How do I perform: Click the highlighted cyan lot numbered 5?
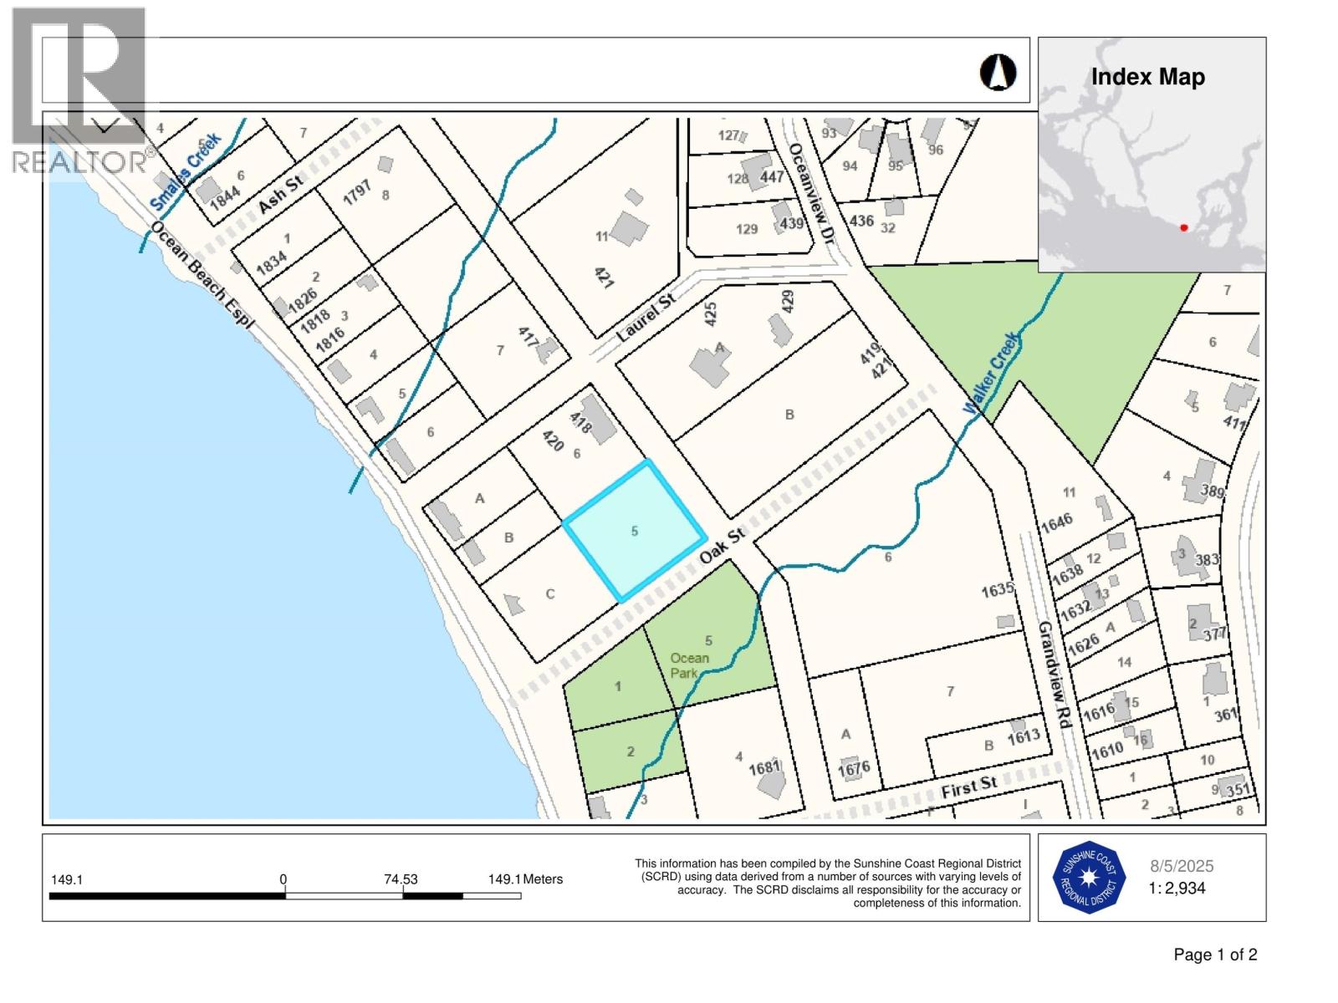634,531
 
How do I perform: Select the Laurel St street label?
645,317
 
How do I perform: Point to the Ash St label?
280,193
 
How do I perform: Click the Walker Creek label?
992,374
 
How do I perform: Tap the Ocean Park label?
689,665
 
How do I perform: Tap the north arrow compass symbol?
998,72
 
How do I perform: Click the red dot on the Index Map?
1183,227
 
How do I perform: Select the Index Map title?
1147,77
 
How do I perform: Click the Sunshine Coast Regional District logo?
1088,877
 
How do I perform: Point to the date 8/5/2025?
1182,866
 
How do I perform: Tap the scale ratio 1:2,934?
1177,888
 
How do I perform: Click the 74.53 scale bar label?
401,879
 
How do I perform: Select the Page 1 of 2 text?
1215,955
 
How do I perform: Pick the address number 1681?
763,767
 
